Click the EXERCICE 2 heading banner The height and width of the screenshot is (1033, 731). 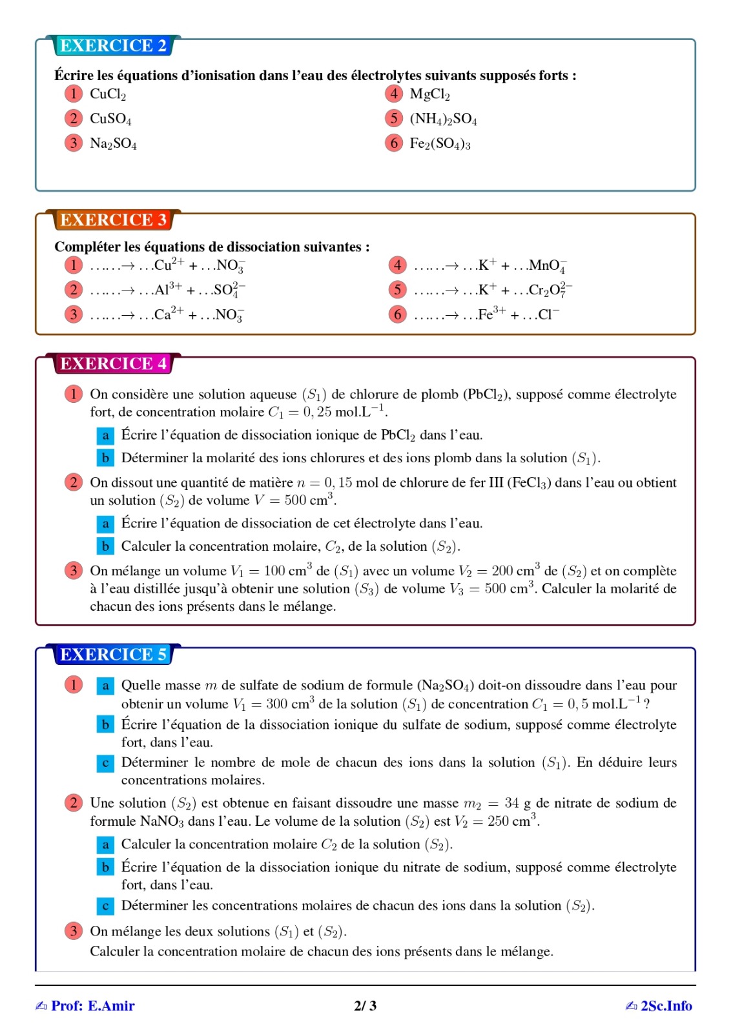(113, 46)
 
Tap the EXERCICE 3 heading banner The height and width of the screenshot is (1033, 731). (113, 220)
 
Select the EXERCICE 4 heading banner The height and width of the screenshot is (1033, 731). (113, 364)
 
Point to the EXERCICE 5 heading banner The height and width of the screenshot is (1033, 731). (113, 655)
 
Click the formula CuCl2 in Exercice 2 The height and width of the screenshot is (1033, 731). (108, 94)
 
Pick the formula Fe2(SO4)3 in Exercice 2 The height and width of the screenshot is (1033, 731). (440, 143)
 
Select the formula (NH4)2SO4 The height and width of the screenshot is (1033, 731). (443, 119)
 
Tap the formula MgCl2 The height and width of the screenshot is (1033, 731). (429, 94)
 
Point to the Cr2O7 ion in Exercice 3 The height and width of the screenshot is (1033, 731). (550, 290)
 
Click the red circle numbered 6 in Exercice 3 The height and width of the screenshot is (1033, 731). (397, 314)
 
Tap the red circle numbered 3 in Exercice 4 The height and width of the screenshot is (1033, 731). (74, 571)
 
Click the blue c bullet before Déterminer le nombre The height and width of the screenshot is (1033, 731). (105, 763)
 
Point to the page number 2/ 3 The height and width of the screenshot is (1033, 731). (365, 1006)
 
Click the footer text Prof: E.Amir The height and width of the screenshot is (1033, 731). (92, 1006)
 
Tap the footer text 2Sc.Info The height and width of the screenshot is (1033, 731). (666, 1006)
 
